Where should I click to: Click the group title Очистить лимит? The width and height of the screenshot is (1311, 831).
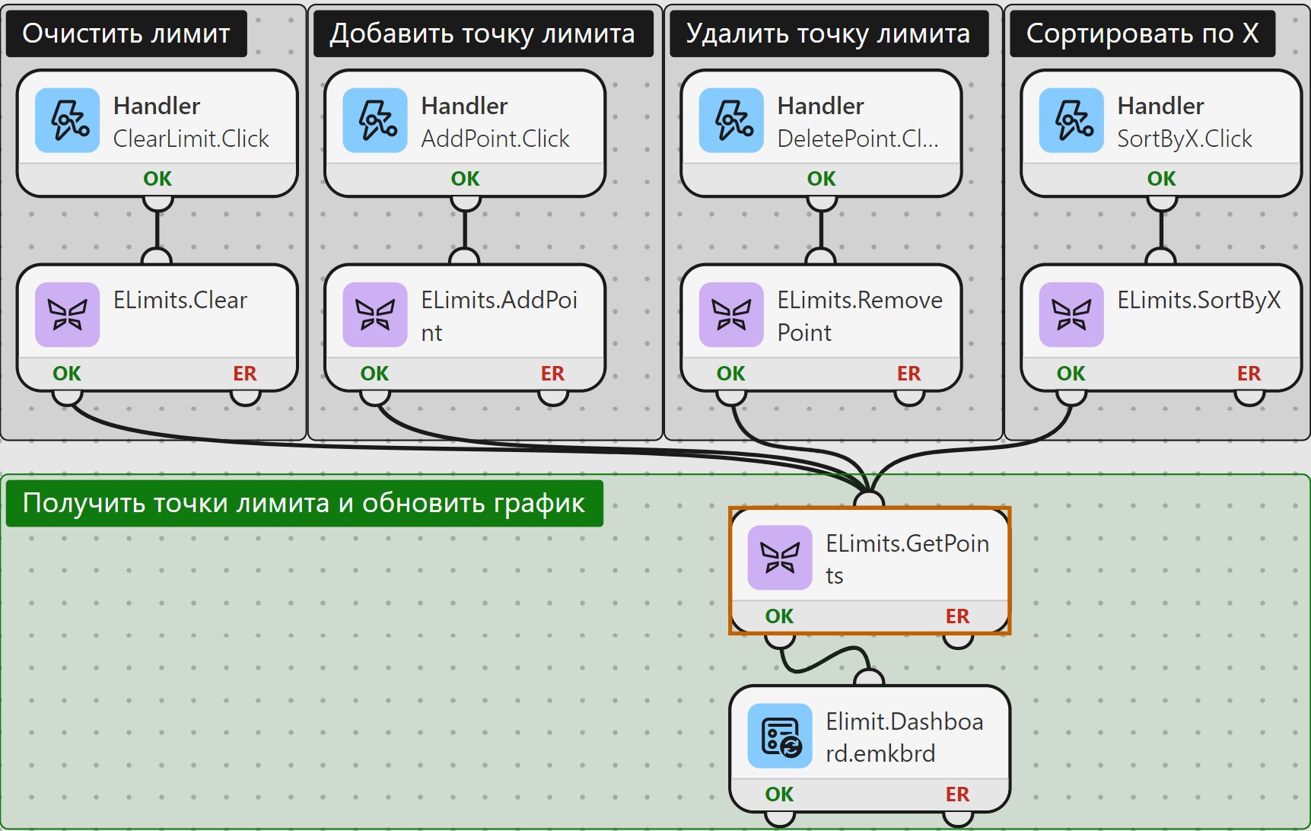[x=126, y=33]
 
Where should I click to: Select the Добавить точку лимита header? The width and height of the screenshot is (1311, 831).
[x=482, y=33]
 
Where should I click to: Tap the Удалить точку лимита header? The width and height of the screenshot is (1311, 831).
[x=828, y=33]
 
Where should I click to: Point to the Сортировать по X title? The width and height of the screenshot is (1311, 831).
[x=1142, y=33]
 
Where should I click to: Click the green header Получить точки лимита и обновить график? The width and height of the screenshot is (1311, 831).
[x=304, y=503]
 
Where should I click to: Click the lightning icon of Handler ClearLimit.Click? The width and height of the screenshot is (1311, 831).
[x=68, y=120]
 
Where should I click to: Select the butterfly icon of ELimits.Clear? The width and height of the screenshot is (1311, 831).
[x=68, y=314]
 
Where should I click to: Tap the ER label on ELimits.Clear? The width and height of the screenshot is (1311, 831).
[x=245, y=374]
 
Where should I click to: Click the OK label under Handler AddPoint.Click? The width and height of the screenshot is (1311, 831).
[x=465, y=179]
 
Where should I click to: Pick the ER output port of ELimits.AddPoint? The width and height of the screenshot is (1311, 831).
[x=553, y=396]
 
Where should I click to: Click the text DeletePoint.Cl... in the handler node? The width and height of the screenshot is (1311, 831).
[x=858, y=138]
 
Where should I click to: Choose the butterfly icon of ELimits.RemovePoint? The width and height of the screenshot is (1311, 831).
[x=731, y=314]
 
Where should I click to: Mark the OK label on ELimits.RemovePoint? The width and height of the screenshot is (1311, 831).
[x=730, y=374]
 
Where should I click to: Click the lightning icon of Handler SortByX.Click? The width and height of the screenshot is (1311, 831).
[x=1071, y=120]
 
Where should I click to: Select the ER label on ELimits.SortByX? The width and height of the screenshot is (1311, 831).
[x=1249, y=374]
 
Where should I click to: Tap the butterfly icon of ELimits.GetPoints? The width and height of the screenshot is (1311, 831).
[x=780, y=558]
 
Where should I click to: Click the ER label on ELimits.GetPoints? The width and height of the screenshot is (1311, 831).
[x=957, y=616]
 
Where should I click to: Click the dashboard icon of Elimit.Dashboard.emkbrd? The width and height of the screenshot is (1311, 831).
[x=780, y=736]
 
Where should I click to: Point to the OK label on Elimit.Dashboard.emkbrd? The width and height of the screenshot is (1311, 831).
[x=779, y=794]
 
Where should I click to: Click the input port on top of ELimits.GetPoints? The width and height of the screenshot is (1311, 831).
[x=869, y=499]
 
